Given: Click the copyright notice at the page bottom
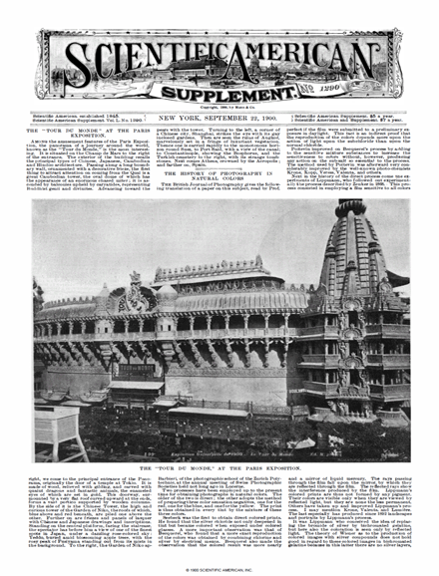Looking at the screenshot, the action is coord(220,567).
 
